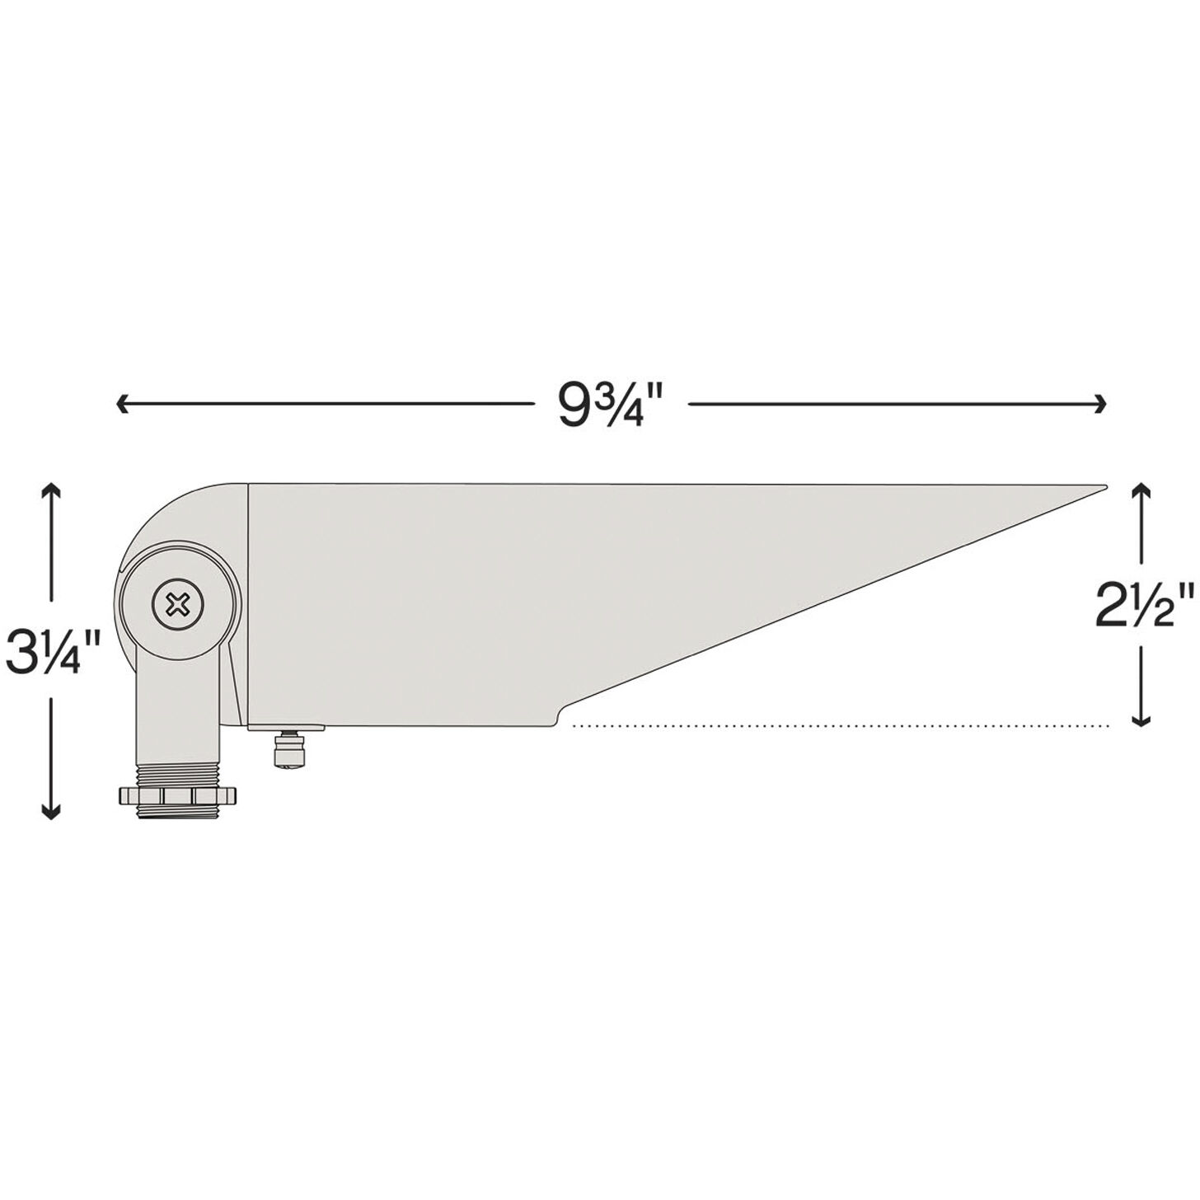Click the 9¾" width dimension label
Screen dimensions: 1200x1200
[x=611, y=405]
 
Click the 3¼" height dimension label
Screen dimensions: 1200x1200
[x=53, y=650]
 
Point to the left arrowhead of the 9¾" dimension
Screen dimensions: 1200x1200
[x=122, y=404]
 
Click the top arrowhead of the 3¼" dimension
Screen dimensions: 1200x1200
[x=51, y=488]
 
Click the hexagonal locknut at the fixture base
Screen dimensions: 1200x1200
[x=177, y=795]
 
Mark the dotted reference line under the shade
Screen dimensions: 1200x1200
[x=841, y=726]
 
